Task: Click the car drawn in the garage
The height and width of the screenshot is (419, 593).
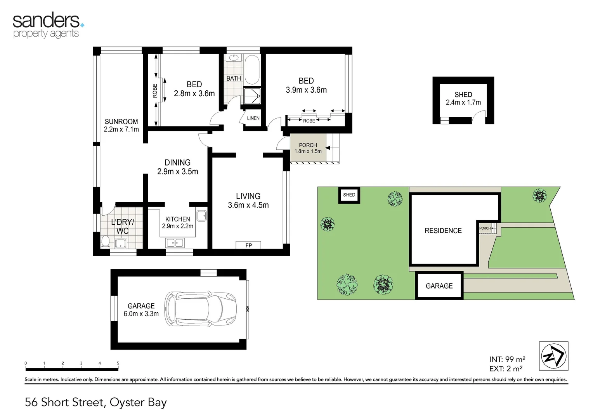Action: pos(201,309)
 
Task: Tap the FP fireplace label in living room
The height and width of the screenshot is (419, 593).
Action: pos(248,245)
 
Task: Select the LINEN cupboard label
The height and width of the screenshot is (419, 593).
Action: pos(253,118)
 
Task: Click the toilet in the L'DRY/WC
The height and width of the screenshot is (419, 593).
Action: pos(105,242)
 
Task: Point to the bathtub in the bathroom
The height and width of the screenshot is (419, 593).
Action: pos(252,70)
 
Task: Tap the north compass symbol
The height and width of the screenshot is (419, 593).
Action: pos(553,356)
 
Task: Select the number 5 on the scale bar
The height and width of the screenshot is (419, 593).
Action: pos(118,364)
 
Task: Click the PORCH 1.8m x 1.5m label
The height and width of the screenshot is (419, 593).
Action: pos(308,148)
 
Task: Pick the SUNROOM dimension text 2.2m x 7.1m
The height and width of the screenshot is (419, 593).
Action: pos(121,130)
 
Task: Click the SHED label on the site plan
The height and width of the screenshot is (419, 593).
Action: pos(349,195)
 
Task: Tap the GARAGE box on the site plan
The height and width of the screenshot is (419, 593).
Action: pos(439,286)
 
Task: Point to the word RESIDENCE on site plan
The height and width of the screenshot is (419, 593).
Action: pos(443,231)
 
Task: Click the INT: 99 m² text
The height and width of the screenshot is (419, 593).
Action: pos(507,360)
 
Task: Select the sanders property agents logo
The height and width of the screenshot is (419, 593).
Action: pos(48,26)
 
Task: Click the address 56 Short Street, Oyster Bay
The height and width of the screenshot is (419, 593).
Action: pos(95,402)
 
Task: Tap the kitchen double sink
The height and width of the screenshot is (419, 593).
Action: pos(175,243)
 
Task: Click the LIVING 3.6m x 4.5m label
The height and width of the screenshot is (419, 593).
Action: pos(248,201)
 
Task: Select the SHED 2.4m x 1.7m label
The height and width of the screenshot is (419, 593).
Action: pos(463,99)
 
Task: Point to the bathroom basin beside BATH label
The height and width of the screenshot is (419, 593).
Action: pos(233,58)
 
